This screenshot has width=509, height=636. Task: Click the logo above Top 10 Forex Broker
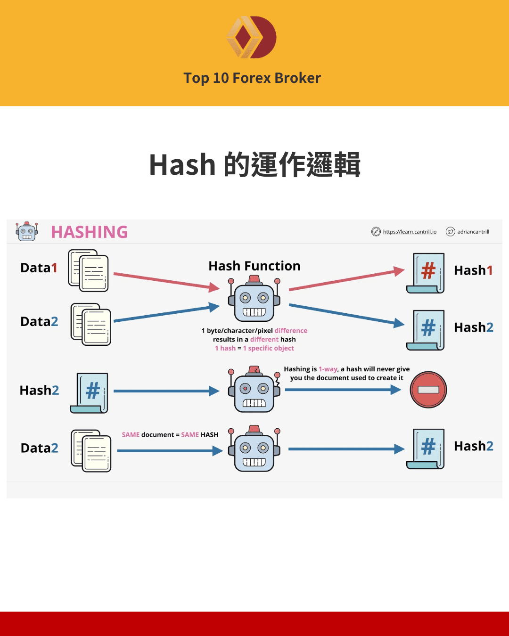point(252,37)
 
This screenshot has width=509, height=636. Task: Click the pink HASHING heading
point(89,232)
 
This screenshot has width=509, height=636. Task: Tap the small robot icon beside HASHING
point(27,231)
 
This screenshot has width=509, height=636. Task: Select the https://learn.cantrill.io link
point(409,232)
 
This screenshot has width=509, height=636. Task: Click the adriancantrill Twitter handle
point(473,232)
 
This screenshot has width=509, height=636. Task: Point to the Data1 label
point(39,268)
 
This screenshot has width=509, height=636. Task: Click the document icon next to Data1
point(89,270)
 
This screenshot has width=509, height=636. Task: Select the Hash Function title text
point(254,266)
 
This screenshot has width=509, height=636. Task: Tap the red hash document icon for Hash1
point(426,273)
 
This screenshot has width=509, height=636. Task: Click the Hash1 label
point(473,270)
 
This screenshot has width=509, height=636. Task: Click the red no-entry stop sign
point(428,390)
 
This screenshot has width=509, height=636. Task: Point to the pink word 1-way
point(328,369)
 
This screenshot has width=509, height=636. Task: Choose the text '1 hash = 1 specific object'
point(254,348)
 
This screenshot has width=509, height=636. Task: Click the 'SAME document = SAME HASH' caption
point(170,435)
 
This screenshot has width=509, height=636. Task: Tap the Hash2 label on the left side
point(39,391)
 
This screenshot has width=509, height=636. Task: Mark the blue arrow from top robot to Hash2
point(346,315)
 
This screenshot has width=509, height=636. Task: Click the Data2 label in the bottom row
point(39,448)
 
